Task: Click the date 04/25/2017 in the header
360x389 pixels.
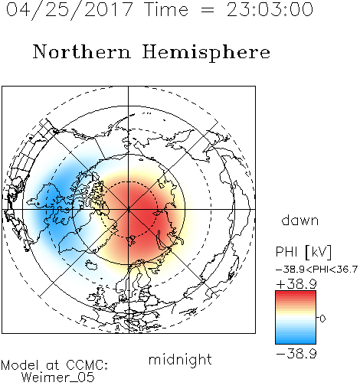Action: (70, 10)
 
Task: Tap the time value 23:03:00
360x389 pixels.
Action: (270, 9)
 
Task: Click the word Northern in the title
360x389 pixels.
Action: (82, 51)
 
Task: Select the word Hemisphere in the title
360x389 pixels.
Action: (206, 53)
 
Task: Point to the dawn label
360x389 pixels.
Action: (300, 221)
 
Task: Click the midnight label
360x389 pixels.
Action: (180, 360)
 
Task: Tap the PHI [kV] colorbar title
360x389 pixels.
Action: (303, 252)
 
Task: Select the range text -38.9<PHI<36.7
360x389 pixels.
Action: (316, 270)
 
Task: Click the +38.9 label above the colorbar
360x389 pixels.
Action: (296, 284)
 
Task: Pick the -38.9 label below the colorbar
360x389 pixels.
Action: (296, 354)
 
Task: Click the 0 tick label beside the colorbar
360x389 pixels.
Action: (322, 319)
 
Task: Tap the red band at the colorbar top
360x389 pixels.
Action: (296, 295)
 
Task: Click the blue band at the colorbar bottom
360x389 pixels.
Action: (296, 339)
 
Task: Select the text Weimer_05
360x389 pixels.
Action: (58, 378)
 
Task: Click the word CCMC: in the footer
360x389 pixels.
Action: (87, 365)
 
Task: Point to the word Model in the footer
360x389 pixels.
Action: (20, 365)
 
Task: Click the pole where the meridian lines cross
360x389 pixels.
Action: (129, 210)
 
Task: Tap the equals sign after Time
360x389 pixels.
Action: (208, 10)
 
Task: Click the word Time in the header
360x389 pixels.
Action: (166, 9)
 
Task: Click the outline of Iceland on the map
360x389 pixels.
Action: (91, 265)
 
